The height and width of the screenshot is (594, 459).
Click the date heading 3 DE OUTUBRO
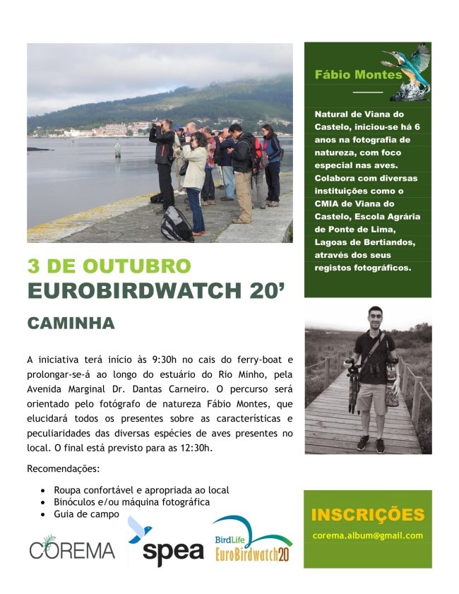pos(109,266)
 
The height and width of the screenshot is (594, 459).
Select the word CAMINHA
pos(71,323)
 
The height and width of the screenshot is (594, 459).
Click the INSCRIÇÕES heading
pos(367,514)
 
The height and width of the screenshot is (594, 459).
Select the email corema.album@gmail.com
pos(367,535)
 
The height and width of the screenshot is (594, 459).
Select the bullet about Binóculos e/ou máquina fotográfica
pos(132,502)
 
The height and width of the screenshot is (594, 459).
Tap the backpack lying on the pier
pos(177,224)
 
